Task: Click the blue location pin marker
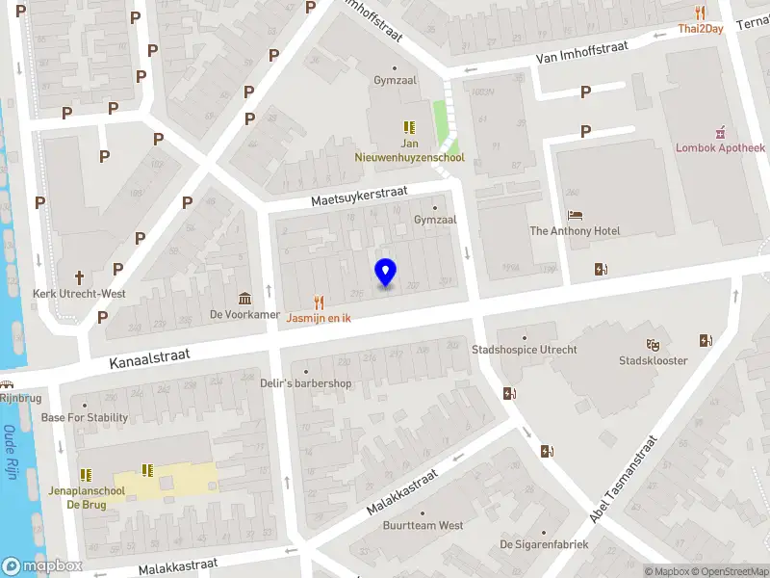[385, 273]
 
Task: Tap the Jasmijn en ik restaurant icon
[319, 302]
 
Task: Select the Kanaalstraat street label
[150, 359]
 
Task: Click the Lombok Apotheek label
[720, 147]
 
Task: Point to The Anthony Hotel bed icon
[576, 214]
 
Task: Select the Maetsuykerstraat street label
[354, 199]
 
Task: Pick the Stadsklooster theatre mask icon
[653, 344]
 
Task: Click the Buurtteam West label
[423, 525]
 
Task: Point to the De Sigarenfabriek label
[543, 544]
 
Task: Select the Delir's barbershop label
[306, 383]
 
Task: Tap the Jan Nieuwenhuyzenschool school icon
[410, 127]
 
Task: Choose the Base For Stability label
[85, 417]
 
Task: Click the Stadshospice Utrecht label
[525, 349]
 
